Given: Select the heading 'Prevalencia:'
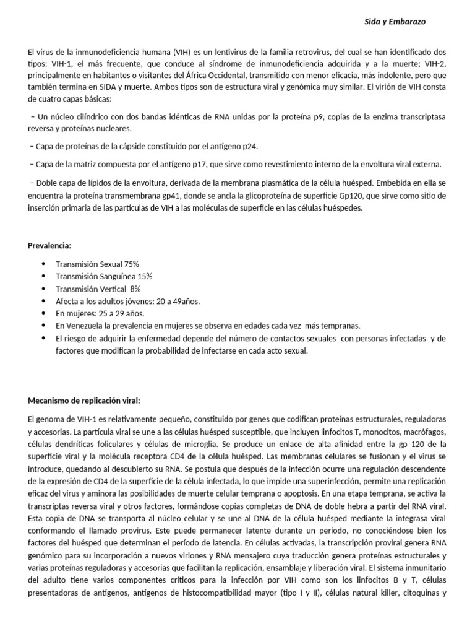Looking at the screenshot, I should pyautogui.click(x=49, y=246).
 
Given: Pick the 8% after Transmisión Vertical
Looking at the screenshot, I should pyautogui.click(x=135, y=289).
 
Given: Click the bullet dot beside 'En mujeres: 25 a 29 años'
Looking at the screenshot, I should pyautogui.click(x=43, y=313).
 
